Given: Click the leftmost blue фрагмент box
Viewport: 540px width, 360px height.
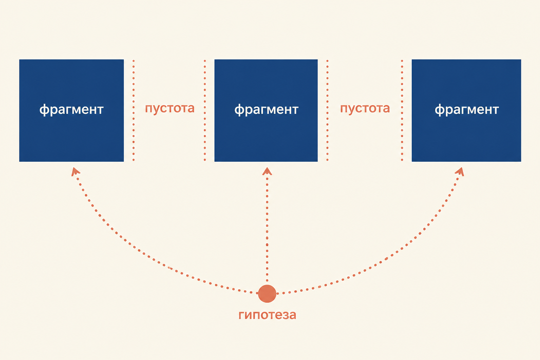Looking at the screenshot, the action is [x=71, y=110].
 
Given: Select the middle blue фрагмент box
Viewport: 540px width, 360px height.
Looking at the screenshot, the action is [x=266, y=110].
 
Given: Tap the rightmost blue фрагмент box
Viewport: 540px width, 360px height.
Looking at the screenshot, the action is [x=466, y=110].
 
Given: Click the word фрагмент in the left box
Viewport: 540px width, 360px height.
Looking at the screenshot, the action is [x=71, y=110].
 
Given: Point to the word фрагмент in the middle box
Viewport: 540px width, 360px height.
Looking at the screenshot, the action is [x=266, y=110].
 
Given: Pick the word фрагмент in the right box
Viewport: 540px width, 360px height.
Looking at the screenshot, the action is [x=467, y=110].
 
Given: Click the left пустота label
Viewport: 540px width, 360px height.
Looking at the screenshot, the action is [x=170, y=109].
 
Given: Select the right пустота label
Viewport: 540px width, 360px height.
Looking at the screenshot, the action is [x=365, y=109].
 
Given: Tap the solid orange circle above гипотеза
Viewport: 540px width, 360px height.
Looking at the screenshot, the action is [x=267, y=294].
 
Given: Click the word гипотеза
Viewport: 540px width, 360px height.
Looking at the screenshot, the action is [x=267, y=315].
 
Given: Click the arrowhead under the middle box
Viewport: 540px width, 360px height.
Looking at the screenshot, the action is [x=267, y=171].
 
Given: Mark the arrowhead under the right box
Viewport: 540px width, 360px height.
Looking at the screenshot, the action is [x=460, y=172].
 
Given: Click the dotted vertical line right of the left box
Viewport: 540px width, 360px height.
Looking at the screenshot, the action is [x=134, y=110].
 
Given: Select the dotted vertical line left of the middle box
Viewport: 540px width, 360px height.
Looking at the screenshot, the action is [x=205, y=110].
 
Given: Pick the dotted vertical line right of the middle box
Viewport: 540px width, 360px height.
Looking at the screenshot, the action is [x=327, y=110].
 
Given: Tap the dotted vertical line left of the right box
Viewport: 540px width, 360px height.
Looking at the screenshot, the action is [x=402, y=110].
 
